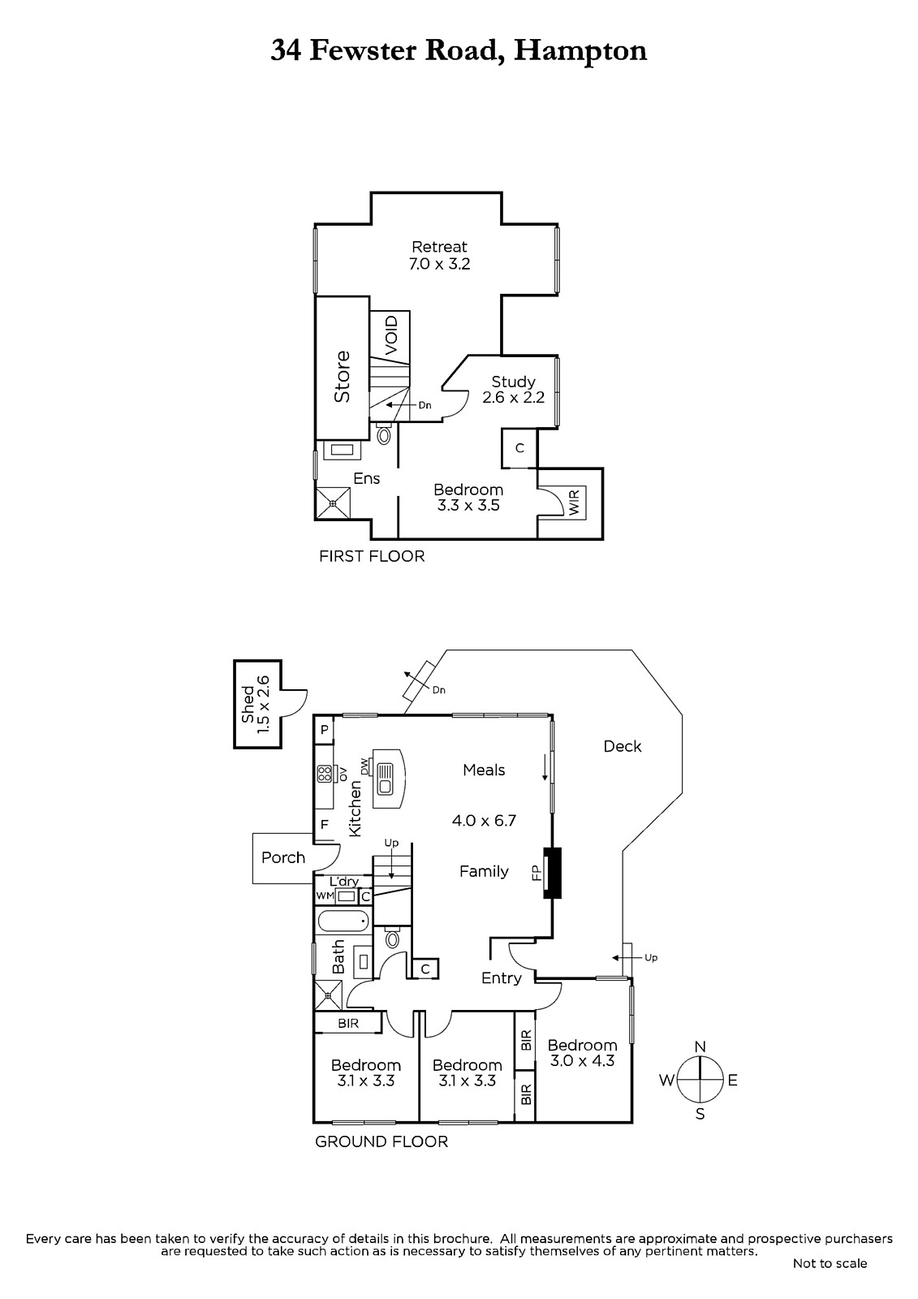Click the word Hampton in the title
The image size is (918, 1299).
tap(580, 52)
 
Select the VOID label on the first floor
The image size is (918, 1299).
tap(391, 336)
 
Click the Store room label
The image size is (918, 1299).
tap(343, 377)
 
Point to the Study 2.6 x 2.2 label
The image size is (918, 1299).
tap(513, 390)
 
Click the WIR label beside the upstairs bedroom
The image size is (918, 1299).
tap(574, 503)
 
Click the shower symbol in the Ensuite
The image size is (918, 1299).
tap(333, 503)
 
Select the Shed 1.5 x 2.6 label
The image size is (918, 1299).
tap(256, 704)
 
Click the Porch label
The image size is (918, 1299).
tap(283, 857)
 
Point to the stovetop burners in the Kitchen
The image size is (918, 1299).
tap(324, 774)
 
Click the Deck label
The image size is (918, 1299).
tap(623, 746)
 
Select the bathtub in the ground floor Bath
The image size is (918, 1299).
tap(343, 921)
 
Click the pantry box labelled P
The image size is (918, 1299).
tap(325, 730)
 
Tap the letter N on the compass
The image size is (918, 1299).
tap(700, 1047)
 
